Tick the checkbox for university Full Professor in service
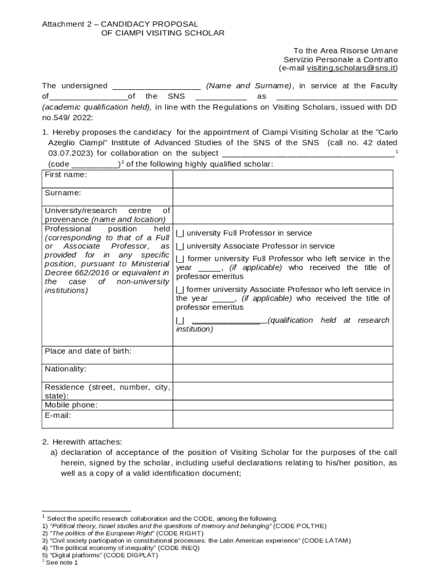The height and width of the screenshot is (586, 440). tap(179, 233)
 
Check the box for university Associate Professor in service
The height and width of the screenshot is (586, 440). tap(179, 246)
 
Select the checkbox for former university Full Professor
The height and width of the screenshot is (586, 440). tap(179, 259)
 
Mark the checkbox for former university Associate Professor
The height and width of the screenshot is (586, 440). tap(179, 290)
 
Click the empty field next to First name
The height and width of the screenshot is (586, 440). tap(282, 179)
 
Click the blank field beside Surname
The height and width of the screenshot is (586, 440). tap(282, 197)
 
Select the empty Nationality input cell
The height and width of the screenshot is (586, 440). tap(282, 373)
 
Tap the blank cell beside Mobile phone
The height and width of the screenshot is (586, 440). tap(282, 405)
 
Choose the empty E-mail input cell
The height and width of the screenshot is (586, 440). tap(282, 419)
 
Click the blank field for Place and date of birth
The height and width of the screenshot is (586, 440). tap(282, 355)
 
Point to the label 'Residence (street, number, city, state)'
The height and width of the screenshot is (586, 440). tap(107, 391)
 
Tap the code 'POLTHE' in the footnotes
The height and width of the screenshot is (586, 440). tap(310, 525)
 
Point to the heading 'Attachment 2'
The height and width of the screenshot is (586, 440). tap(67, 24)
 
